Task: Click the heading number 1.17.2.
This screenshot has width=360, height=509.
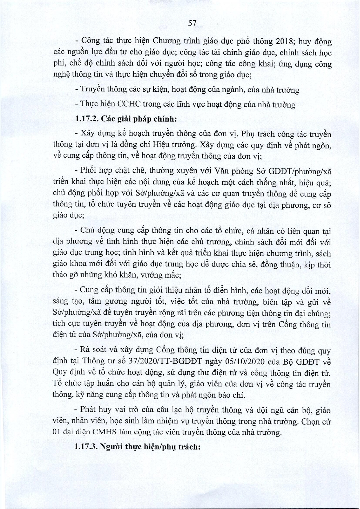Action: click(86, 119)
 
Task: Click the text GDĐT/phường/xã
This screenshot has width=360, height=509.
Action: click(301, 171)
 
